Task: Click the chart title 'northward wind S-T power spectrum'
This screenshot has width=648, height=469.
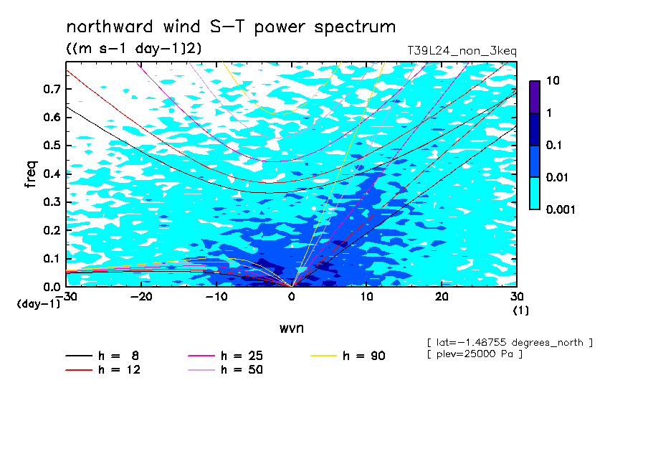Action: click(x=231, y=27)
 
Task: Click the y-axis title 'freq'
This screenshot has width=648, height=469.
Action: click(x=31, y=174)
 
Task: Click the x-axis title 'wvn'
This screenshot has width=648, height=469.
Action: click(x=292, y=328)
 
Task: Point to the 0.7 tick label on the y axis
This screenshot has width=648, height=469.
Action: click(x=52, y=89)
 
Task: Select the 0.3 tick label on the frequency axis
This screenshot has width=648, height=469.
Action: click(x=52, y=202)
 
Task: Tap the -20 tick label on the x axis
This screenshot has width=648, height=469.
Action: click(x=141, y=297)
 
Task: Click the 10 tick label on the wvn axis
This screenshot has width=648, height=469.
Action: click(x=366, y=297)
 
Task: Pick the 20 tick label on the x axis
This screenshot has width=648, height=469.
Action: click(x=442, y=297)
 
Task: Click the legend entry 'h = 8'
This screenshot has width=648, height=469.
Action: click(x=103, y=356)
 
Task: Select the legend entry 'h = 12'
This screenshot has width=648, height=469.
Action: click(x=103, y=370)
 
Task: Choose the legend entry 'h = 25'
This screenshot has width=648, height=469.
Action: click(x=225, y=356)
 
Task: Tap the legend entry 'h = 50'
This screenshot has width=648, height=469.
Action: click(x=225, y=370)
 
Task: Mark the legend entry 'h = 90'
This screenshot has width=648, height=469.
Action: click(x=348, y=356)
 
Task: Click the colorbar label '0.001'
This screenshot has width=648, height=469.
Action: click(x=561, y=209)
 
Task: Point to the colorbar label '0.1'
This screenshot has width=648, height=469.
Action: click(x=554, y=145)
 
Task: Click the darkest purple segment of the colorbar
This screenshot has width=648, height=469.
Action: click(x=535, y=97)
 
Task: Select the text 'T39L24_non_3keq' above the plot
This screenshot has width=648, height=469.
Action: click(x=462, y=51)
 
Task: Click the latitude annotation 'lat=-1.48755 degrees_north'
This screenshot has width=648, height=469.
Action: click(x=510, y=343)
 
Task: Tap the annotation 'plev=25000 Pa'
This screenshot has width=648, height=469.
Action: click(x=475, y=354)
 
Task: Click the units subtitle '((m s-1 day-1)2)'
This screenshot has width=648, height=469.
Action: click(x=134, y=49)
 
